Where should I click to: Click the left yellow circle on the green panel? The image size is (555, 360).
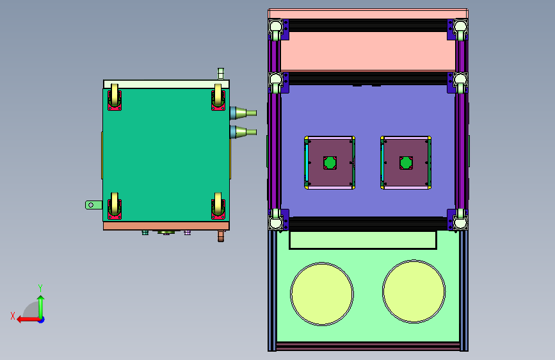click(322, 294)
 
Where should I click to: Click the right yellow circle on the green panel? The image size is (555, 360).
click(414, 291)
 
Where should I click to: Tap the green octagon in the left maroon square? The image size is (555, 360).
click(330, 163)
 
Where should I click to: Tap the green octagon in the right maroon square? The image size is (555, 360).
click(406, 163)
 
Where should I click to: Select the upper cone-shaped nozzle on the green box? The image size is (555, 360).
click(243, 113)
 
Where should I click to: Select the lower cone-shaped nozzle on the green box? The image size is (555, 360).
click(243, 132)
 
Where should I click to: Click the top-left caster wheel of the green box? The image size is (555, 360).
click(115, 97)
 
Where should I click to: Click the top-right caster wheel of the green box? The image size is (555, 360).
click(218, 97)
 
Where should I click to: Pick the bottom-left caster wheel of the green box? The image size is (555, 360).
click(115, 206)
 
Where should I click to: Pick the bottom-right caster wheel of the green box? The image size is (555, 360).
click(218, 206)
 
